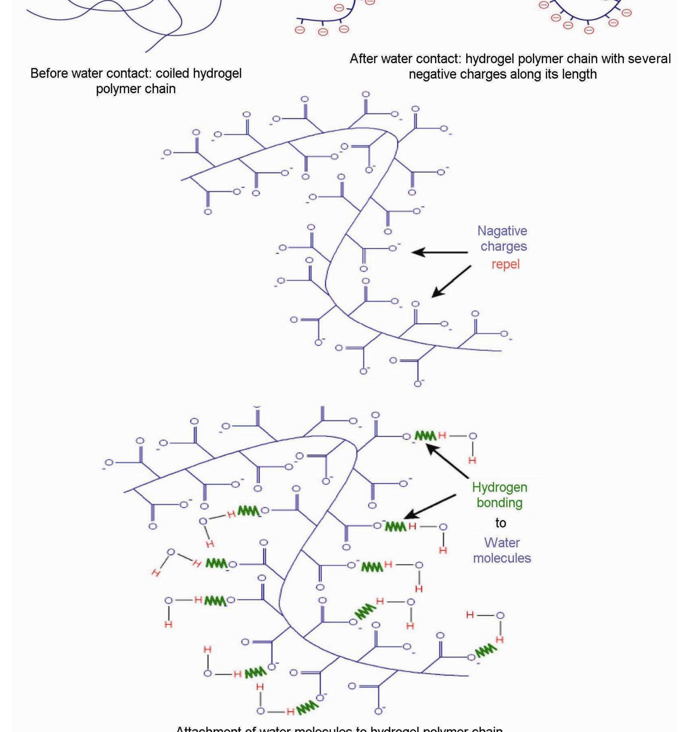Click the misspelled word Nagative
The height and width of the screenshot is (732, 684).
click(502, 231)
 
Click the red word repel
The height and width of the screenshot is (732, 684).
click(505, 264)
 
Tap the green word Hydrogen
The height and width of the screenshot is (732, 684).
click(499, 487)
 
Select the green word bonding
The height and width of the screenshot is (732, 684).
click(499, 503)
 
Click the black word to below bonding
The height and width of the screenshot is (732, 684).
click(500, 523)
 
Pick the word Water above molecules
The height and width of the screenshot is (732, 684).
click(502, 543)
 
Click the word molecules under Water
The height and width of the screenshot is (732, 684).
click(502, 558)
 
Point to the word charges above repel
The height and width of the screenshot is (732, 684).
click(503, 246)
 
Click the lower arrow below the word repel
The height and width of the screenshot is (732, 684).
click(451, 282)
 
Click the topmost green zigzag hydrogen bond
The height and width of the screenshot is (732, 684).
click(425, 436)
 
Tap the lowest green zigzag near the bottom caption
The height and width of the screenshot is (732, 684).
click(308, 707)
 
